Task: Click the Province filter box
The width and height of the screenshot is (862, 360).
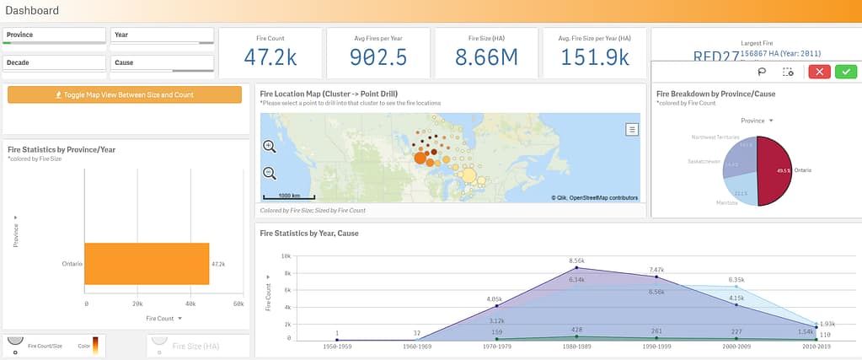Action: click(x=55, y=35)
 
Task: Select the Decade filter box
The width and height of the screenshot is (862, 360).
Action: click(x=55, y=63)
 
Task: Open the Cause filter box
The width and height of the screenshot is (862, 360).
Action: click(x=162, y=63)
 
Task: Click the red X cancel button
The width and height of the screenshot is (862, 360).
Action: click(x=819, y=72)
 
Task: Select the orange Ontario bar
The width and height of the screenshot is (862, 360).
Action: click(x=147, y=264)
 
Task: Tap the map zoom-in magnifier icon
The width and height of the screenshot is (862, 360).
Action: click(x=270, y=146)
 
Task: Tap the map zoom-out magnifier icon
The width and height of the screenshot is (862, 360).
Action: click(x=270, y=174)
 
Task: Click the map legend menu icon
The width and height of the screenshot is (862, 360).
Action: click(x=631, y=129)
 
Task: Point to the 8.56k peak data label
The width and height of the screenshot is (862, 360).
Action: click(x=576, y=261)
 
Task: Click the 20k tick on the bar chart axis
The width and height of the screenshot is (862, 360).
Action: click(x=138, y=303)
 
